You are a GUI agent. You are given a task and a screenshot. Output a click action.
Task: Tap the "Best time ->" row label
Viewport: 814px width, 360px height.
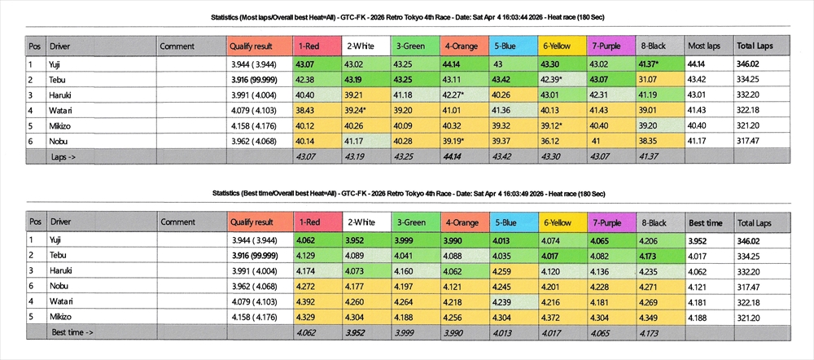[x=73, y=332]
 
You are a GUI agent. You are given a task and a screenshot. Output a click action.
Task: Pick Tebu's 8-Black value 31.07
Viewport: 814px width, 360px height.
[x=650, y=79]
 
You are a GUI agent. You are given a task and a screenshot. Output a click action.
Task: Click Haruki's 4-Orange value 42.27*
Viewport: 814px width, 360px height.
[x=454, y=94]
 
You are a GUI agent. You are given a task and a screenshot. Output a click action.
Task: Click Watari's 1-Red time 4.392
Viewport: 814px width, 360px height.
[x=306, y=301]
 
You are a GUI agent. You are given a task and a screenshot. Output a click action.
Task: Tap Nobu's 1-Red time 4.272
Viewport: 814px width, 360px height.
[x=306, y=286]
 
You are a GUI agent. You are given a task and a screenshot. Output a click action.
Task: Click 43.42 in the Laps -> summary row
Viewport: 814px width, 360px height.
[x=505, y=155]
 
